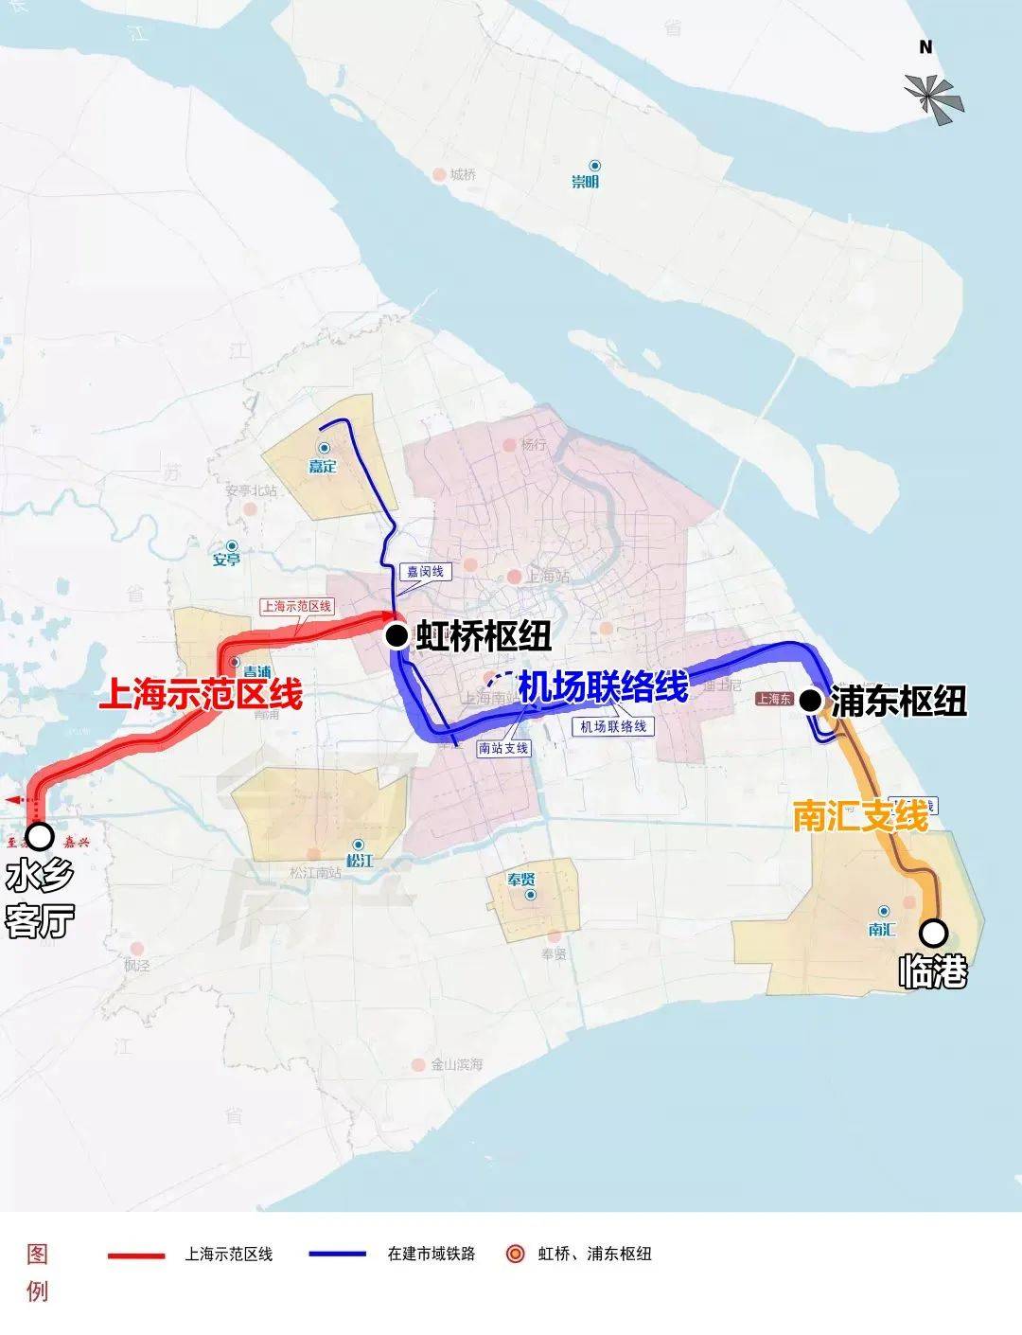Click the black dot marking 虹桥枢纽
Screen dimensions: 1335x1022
[x=396, y=636]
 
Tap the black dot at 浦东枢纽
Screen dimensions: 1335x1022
[x=810, y=701]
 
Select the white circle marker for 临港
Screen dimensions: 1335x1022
[x=934, y=934]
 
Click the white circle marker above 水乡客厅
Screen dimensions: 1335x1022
[x=40, y=836]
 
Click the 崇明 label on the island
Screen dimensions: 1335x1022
[x=585, y=182]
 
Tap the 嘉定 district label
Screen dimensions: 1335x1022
[x=323, y=466]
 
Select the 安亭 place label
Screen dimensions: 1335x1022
[x=226, y=560]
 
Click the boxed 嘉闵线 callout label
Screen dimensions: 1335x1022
[x=425, y=572]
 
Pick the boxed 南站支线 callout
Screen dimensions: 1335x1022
[x=503, y=748]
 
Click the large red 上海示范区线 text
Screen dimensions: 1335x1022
[x=201, y=694]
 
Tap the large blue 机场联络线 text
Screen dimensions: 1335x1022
[x=603, y=686]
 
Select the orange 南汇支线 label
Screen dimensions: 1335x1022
[x=860, y=815]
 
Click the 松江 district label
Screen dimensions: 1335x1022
[x=360, y=861]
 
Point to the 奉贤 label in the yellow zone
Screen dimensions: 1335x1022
[x=521, y=880]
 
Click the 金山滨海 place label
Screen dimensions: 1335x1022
[x=456, y=1064]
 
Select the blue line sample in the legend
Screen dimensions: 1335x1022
[x=337, y=1255]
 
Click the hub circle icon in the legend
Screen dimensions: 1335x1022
[x=516, y=1255]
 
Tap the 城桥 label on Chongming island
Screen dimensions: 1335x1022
[x=463, y=175]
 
